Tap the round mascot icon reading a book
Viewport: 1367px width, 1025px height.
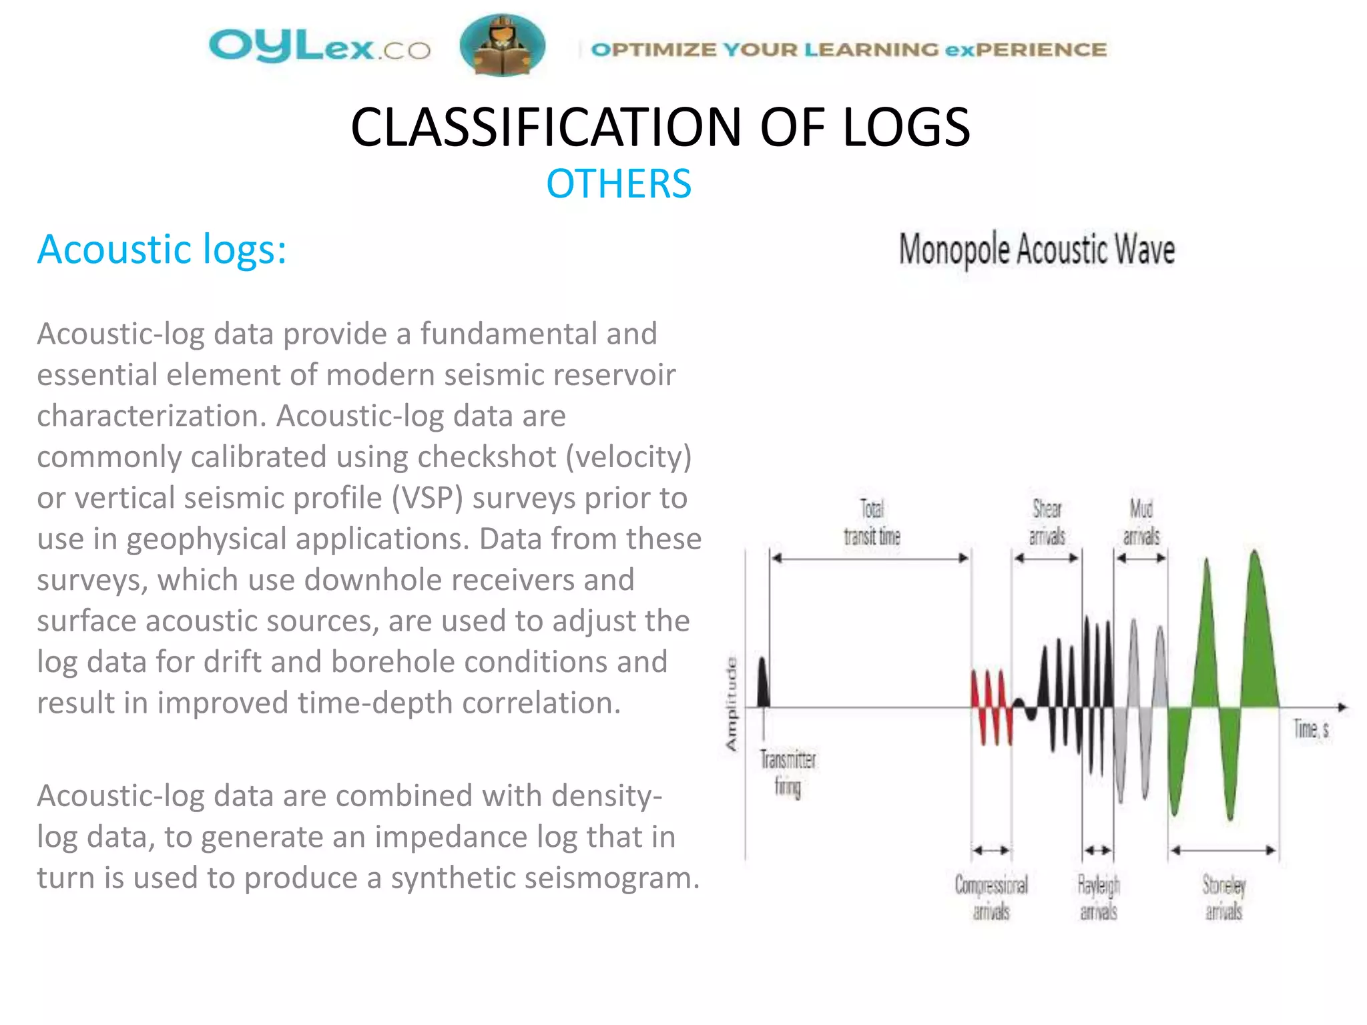point(502,45)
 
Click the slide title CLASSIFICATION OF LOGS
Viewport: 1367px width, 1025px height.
point(659,127)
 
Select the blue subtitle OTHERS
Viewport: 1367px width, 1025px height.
point(619,184)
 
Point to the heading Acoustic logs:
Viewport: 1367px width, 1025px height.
point(162,250)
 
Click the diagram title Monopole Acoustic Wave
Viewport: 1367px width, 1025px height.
point(1037,250)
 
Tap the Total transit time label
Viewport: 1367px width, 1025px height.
point(872,523)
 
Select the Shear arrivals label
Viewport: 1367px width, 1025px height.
point(1047,523)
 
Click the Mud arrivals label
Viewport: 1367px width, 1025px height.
point(1141,523)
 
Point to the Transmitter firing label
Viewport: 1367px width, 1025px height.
point(788,773)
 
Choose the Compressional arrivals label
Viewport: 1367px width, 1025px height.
point(991,898)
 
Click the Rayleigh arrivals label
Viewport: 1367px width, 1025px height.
point(1099,898)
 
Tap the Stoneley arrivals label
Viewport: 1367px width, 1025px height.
point(1223,898)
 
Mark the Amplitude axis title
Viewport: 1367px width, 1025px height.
point(732,704)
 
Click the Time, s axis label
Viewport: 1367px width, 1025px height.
point(1311,729)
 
